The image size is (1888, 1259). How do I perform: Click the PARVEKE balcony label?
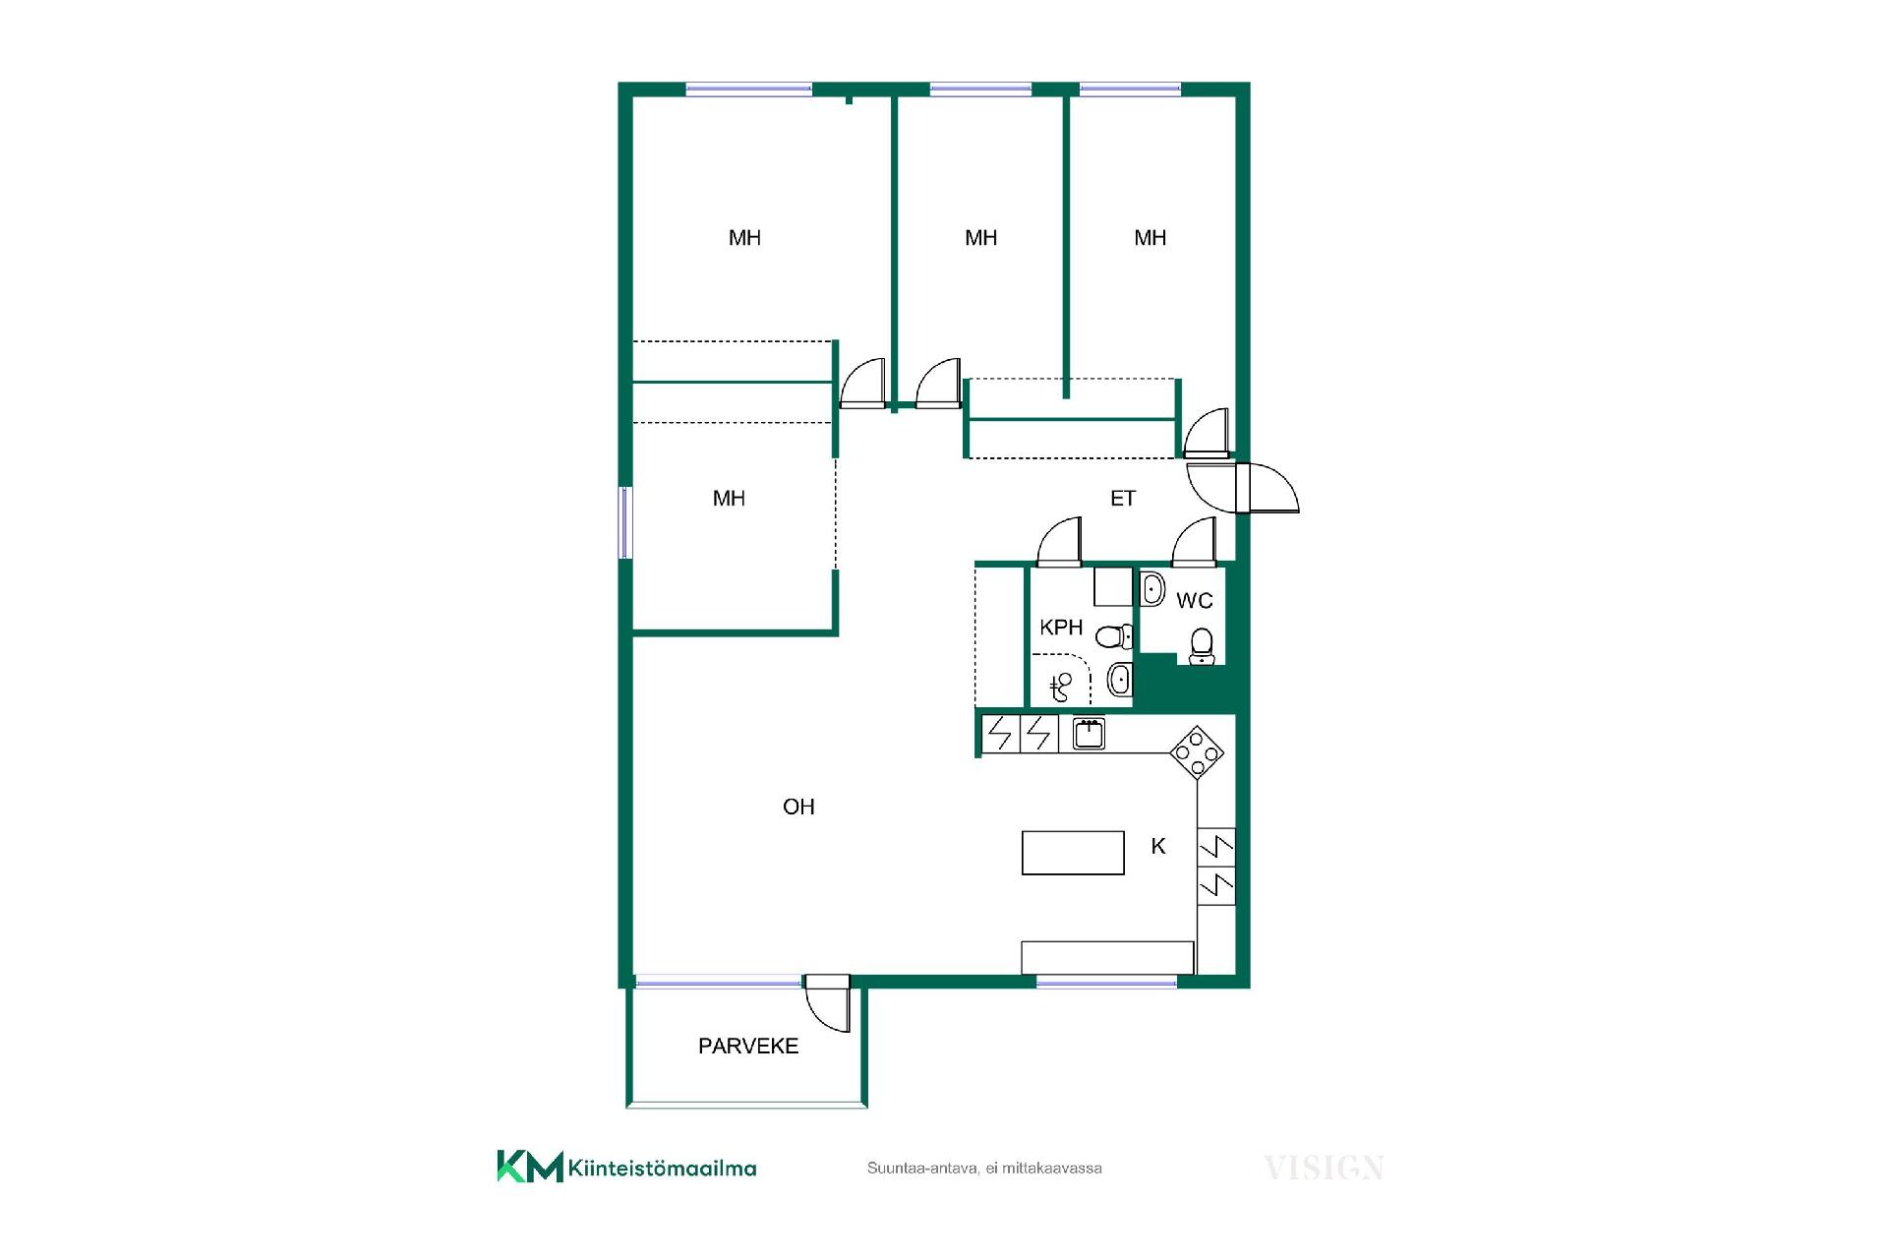pyautogui.click(x=748, y=1046)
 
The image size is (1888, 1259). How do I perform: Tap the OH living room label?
pyautogui.click(x=798, y=807)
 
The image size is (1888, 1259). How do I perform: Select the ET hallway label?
pyautogui.click(x=1123, y=499)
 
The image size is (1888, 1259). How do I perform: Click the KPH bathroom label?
pyautogui.click(x=1061, y=628)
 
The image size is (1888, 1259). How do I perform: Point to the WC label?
pyautogui.click(x=1195, y=600)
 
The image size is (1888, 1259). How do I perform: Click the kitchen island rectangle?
pyautogui.click(x=1073, y=853)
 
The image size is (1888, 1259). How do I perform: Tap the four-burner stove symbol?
pyautogui.click(x=1197, y=752)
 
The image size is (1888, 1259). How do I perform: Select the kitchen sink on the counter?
pyautogui.click(x=1089, y=734)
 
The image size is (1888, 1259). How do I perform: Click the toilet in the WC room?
pyautogui.click(x=1202, y=646)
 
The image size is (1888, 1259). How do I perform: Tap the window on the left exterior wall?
pyautogui.click(x=624, y=522)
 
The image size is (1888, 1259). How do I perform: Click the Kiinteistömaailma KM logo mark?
pyautogui.click(x=530, y=1167)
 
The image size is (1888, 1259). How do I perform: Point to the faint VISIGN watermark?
pyautogui.click(x=1324, y=1169)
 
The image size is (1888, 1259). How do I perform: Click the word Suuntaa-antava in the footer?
pyautogui.click(x=922, y=1169)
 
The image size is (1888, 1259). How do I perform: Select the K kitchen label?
pyautogui.click(x=1158, y=846)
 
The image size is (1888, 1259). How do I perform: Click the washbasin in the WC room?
pyautogui.click(x=1152, y=589)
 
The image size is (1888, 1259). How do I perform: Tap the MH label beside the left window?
pyautogui.click(x=729, y=499)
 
